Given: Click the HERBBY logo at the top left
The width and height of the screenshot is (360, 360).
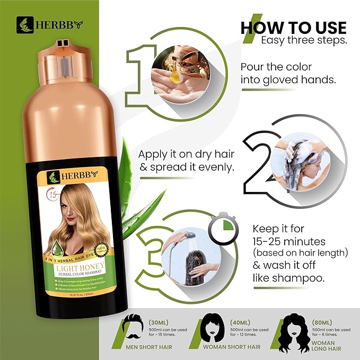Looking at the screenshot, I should (50, 23).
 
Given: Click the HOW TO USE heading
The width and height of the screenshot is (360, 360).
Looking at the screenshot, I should (293, 28).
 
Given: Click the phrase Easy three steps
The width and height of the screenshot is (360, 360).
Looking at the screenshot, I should (303, 40).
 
